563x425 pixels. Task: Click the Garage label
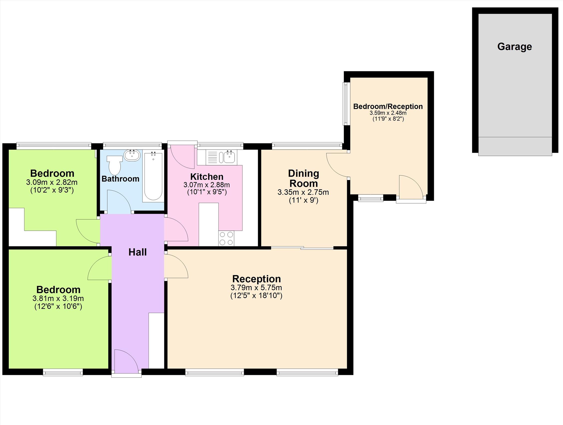coord(514,47)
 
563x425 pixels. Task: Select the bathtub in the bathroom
coord(153,176)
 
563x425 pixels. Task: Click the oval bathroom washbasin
coord(132,155)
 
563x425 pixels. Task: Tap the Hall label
coord(138,252)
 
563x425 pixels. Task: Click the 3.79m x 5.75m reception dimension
coord(256,287)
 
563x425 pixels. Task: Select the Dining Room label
coord(303,178)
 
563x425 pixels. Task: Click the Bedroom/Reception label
coord(388,106)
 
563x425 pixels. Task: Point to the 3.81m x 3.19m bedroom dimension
coord(58,298)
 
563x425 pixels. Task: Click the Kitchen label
coord(207,177)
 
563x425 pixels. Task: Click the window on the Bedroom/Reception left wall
coord(346,104)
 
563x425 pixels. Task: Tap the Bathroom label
coord(120,179)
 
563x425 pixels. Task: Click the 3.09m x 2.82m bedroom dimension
coord(52,182)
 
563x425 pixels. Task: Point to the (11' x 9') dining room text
coord(303,200)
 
